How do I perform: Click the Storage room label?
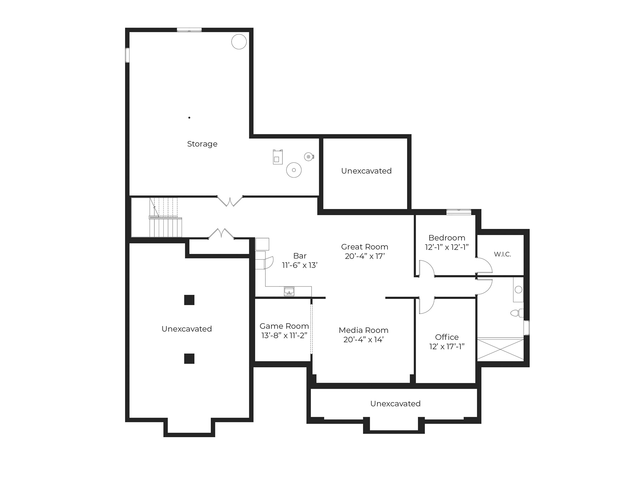tap(202, 144)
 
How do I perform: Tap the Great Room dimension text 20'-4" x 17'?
tap(365, 256)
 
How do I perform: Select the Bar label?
tap(300, 256)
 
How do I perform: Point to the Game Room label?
tap(284, 326)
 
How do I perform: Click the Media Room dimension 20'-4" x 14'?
tap(364, 339)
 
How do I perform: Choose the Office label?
tap(447, 337)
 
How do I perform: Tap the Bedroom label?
tap(447, 238)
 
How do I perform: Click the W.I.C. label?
tap(502, 254)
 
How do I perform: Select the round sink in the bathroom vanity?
tap(518, 290)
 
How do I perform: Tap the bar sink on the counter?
tap(289, 291)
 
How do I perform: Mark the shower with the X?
tap(500, 349)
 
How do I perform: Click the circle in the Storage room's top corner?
tap(239, 42)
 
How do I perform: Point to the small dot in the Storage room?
tap(189, 118)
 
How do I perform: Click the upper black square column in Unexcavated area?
tap(189, 300)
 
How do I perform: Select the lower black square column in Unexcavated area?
tap(189, 358)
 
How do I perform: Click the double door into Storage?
tap(230, 201)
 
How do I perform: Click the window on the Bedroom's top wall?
tap(458, 212)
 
